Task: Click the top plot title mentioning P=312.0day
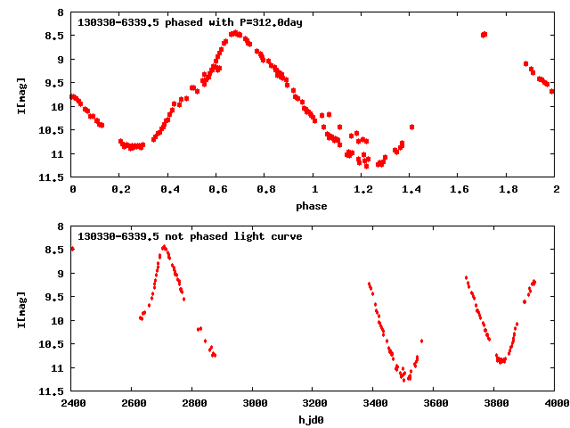click(191, 22)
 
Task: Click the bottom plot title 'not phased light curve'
click(191, 236)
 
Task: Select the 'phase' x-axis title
click(312, 206)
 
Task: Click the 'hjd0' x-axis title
click(312, 420)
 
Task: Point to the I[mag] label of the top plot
click(20, 95)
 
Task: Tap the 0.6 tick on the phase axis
click(216, 189)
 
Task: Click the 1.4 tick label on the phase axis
click(411, 189)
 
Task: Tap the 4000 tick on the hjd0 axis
click(556, 403)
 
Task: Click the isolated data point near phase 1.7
click(484, 35)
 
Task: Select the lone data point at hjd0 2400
click(72, 249)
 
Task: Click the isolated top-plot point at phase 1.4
click(411, 127)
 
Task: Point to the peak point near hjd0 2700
click(164, 247)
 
